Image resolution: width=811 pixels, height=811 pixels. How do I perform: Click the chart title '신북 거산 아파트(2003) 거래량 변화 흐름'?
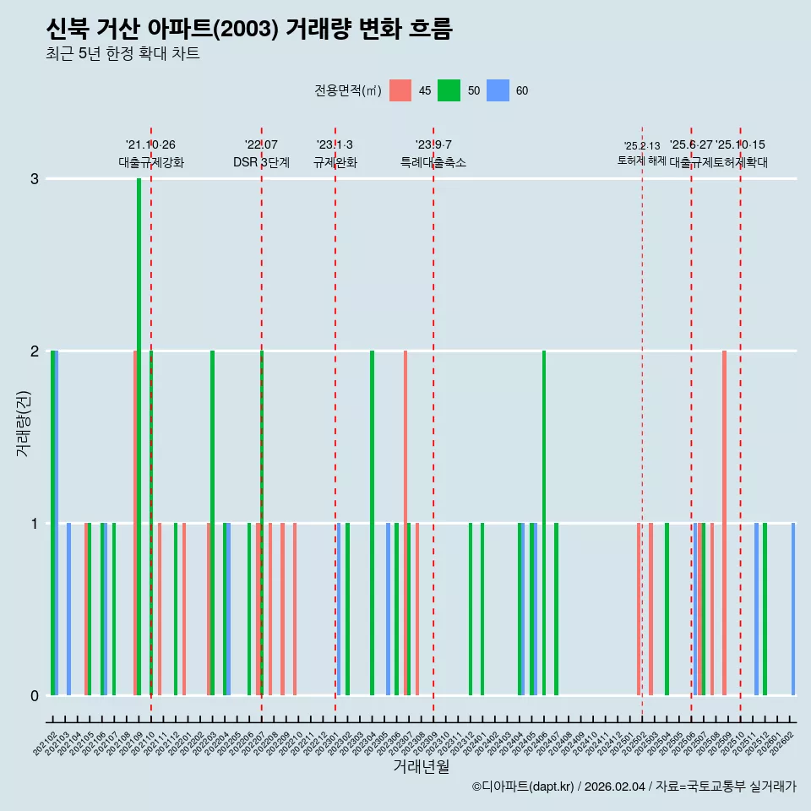(249, 29)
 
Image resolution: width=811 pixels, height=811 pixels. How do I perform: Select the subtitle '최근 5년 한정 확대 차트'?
(122, 54)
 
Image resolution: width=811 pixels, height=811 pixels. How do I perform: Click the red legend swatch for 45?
(400, 90)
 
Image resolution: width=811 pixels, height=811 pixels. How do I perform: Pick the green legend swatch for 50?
(449, 90)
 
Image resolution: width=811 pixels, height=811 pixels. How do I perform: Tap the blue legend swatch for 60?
(499, 90)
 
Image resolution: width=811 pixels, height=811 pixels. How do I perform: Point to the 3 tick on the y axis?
(34, 178)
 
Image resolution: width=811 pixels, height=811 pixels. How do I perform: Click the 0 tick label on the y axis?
(34, 695)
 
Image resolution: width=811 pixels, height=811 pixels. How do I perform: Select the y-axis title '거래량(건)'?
(23, 422)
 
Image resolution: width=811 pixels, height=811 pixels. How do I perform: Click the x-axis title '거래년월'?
(421, 766)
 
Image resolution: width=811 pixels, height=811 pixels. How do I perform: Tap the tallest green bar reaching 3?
(139, 436)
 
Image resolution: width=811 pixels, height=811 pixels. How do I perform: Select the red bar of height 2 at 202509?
(724, 522)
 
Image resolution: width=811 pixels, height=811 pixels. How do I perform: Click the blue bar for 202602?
(793, 608)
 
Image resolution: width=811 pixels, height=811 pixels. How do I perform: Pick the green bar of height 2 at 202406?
(544, 522)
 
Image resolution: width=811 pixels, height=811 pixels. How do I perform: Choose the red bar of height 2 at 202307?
(405, 522)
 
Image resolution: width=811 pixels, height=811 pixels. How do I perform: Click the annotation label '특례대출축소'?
(433, 162)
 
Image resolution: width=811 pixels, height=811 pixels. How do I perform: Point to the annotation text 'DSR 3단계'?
(261, 162)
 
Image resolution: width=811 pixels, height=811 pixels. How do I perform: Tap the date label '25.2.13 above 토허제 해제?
(642, 146)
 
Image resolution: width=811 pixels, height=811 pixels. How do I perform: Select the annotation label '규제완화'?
(335, 162)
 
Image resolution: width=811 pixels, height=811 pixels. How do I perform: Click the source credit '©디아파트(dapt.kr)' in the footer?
(523, 787)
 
